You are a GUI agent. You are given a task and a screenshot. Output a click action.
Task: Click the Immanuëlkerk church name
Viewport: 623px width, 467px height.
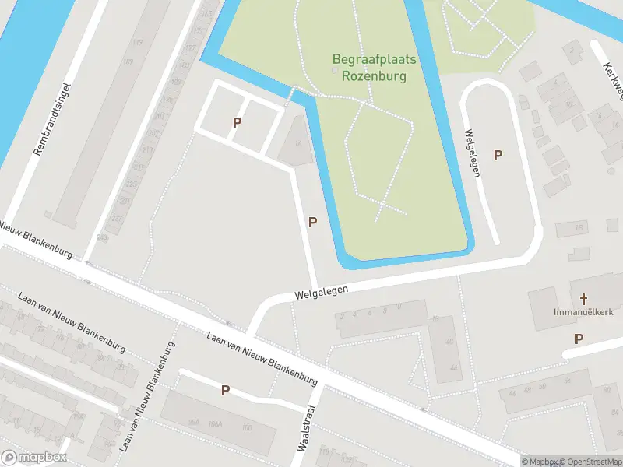click(581, 312)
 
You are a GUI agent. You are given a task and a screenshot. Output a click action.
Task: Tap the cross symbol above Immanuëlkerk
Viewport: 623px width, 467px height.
click(584, 298)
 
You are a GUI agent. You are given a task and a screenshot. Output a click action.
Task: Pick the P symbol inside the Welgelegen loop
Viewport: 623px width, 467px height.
click(498, 155)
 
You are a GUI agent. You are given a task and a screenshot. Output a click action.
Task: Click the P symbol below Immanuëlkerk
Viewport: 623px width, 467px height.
click(579, 339)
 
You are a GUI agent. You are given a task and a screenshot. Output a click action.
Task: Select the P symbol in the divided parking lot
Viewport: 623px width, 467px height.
click(237, 122)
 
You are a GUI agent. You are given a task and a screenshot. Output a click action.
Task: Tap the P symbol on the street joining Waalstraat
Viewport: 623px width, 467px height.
click(225, 390)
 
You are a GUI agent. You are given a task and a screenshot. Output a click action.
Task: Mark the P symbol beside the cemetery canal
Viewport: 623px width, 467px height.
click(312, 222)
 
